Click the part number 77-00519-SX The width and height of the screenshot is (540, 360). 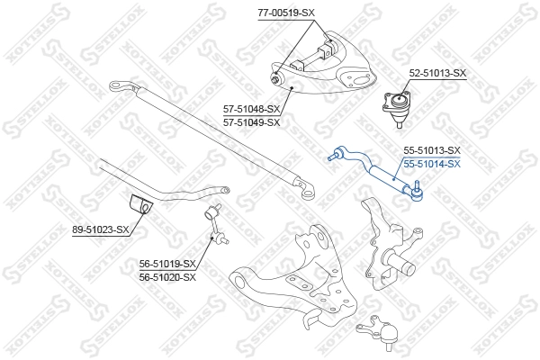click(286, 13)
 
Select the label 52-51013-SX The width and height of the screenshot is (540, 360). click(437, 73)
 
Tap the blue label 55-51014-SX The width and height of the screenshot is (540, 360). click(432, 164)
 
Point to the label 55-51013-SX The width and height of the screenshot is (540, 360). click(432, 150)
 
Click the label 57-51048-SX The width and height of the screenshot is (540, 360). click(252, 110)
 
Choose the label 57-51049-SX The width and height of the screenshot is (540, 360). click(252, 122)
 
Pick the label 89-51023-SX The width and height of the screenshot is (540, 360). click(101, 229)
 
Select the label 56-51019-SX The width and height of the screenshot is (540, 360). click(167, 265)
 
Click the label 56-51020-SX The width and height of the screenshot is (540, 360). click(167, 277)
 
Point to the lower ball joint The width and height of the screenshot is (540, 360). click(380, 332)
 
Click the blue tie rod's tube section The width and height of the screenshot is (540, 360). click(386, 178)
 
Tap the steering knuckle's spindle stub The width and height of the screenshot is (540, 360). click(400, 263)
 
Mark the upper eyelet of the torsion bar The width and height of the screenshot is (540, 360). click(120, 86)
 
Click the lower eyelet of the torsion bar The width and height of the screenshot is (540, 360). click(307, 191)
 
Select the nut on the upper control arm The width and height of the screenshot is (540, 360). click(276, 79)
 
